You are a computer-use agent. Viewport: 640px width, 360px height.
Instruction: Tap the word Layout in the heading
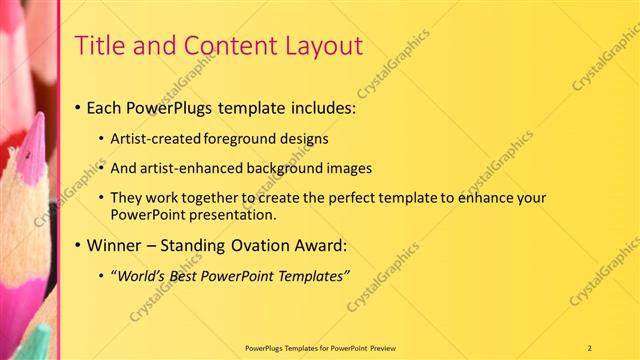pyautogui.click(x=325, y=45)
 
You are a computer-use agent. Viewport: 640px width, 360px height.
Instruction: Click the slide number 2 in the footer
pyautogui.click(x=590, y=347)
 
